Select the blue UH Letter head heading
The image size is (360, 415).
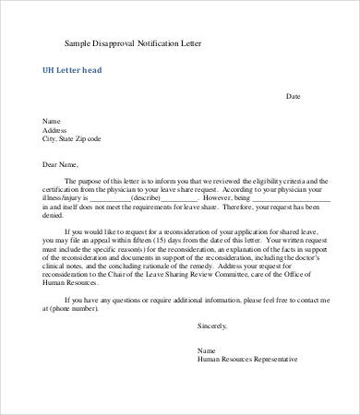(x=72, y=70)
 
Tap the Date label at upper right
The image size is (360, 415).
(x=293, y=96)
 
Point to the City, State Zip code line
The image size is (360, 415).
(x=72, y=138)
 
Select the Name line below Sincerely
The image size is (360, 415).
(x=207, y=350)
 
